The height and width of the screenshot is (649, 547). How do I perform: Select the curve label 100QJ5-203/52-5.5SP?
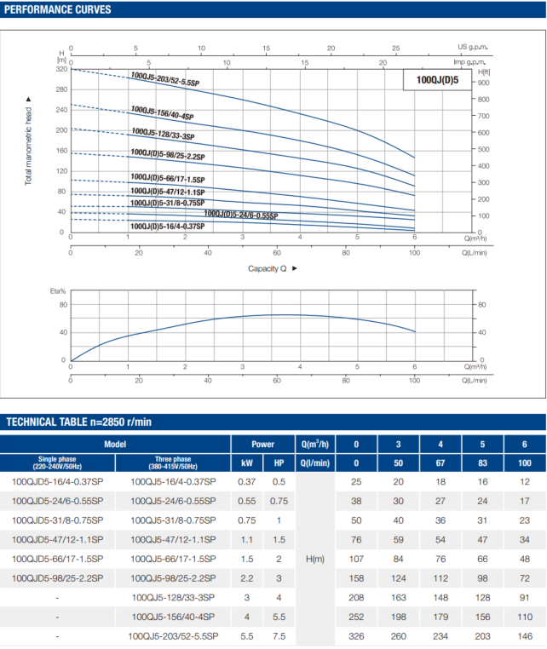[165, 79]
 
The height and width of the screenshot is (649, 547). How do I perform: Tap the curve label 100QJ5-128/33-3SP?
[163, 133]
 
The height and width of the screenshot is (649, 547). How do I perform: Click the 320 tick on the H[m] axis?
[60, 68]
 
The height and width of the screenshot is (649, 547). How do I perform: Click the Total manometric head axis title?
[28, 147]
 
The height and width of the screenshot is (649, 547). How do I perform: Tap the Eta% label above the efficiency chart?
[58, 290]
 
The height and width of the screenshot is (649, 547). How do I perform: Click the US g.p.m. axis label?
[473, 48]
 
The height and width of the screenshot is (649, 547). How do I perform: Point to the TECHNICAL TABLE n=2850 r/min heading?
[79, 422]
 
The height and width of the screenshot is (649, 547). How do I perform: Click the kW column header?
[247, 463]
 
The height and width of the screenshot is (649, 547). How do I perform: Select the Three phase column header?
[174, 463]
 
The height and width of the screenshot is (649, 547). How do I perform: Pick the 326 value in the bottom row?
[356, 636]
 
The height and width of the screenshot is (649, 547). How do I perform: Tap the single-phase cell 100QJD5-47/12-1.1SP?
[58, 540]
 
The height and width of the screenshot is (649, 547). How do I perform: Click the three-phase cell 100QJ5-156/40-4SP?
[174, 616]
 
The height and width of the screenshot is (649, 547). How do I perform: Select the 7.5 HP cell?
[279, 636]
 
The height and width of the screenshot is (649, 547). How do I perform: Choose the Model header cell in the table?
[115, 444]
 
